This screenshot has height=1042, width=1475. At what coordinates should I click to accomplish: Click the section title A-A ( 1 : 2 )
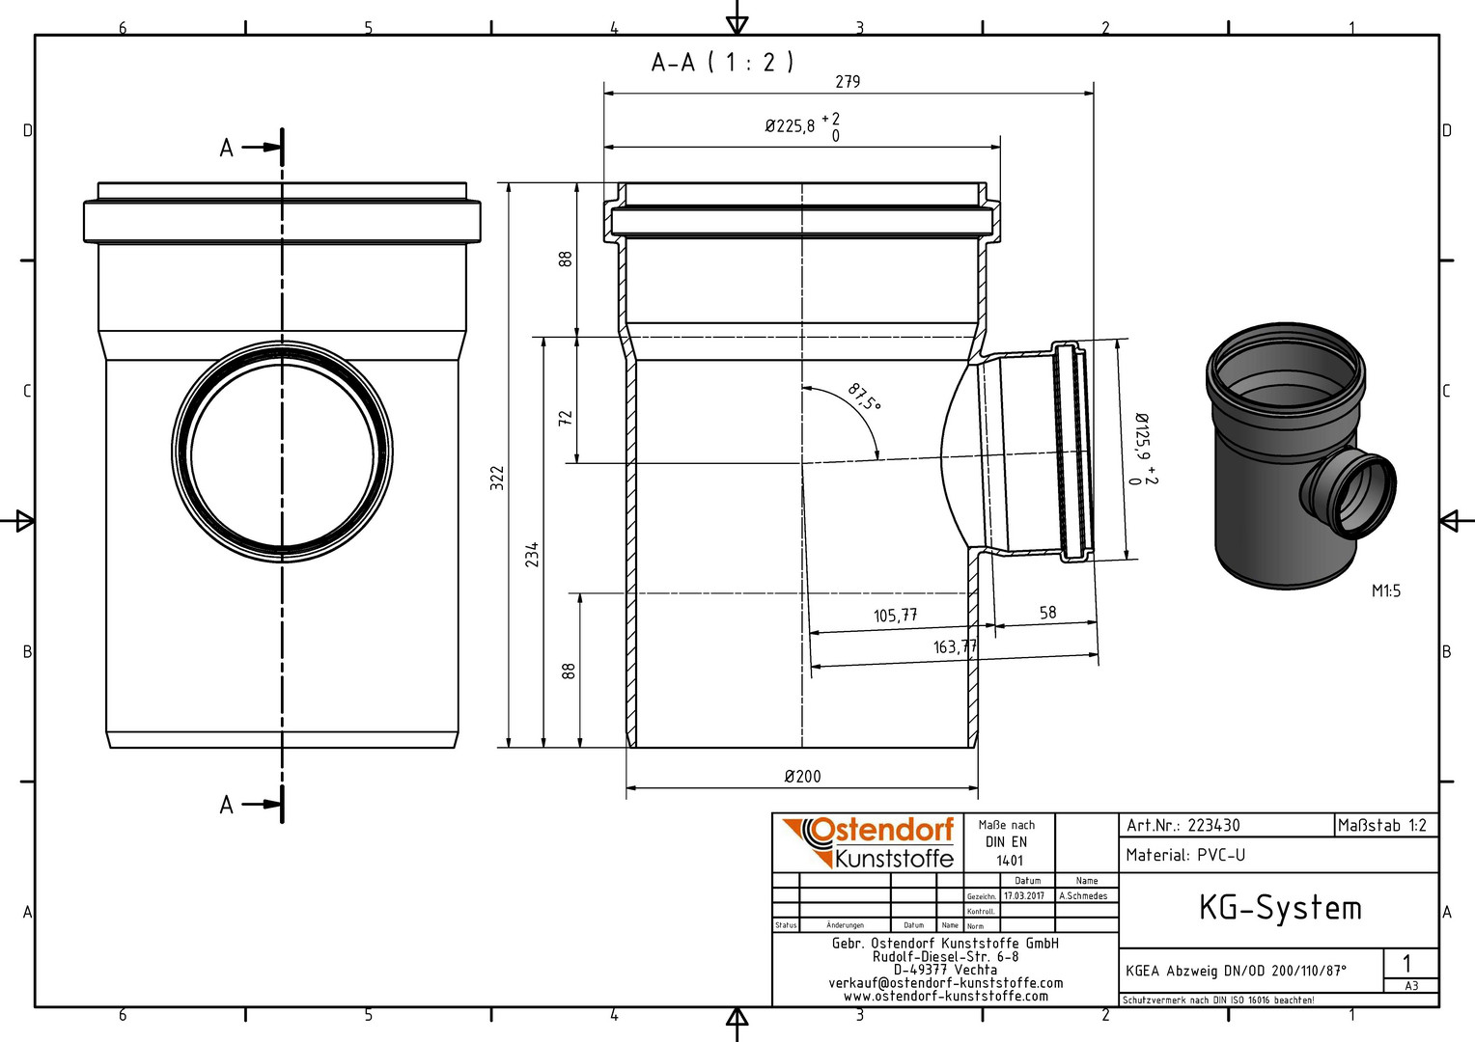coord(722,63)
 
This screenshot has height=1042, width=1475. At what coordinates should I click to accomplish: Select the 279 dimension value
coord(848,82)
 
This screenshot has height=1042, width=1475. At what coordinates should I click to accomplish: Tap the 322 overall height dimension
coord(497,478)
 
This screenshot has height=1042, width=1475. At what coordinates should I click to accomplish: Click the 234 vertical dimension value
coord(532,554)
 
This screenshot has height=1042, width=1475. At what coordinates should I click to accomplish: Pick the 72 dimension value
coord(566,418)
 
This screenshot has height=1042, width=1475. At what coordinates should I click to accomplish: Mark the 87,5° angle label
coord(864,397)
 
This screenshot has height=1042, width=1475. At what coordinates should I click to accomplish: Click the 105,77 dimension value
coord(896,616)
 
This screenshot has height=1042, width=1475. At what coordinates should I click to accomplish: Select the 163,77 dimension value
coord(955,647)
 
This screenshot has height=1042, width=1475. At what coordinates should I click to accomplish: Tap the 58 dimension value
coord(1047,613)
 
